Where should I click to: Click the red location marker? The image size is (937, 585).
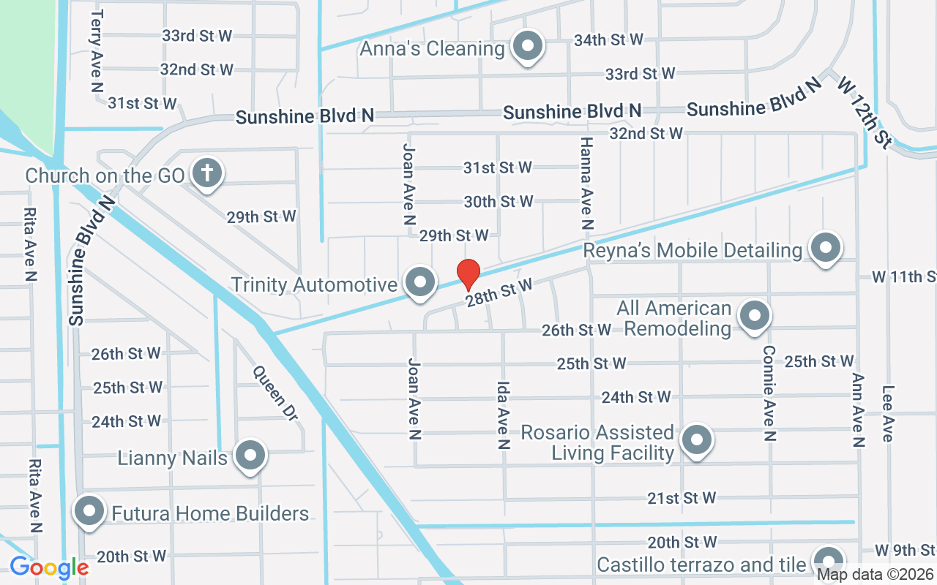click(468, 275)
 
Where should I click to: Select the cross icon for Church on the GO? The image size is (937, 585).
click(207, 174)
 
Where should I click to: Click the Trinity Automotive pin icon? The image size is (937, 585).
click(420, 282)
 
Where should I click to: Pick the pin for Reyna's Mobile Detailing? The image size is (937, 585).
click(826, 249)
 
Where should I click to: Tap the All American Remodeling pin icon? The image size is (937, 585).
click(754, 317)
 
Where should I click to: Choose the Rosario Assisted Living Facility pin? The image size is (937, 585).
click(697, 440)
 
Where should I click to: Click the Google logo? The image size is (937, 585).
click(49, 567)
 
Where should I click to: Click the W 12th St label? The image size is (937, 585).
click(862, 111)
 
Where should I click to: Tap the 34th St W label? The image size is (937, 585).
click(608, 39)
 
